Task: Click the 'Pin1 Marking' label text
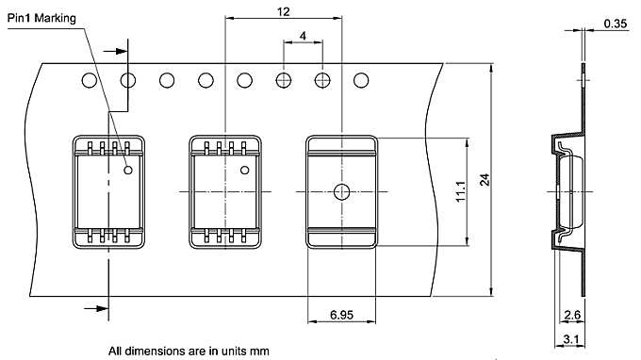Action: [41, 19]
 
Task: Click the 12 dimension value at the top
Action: [284, 11]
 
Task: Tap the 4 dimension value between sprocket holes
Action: [303, 36]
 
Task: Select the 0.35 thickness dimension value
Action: [616, 24]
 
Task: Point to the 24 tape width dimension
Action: [485, 180]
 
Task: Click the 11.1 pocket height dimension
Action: [461, 190]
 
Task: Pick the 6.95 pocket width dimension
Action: [342, 315]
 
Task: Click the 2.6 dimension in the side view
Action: [572, 315]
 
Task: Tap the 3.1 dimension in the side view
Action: [571, 339]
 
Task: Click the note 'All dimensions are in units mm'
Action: [189, 351]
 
